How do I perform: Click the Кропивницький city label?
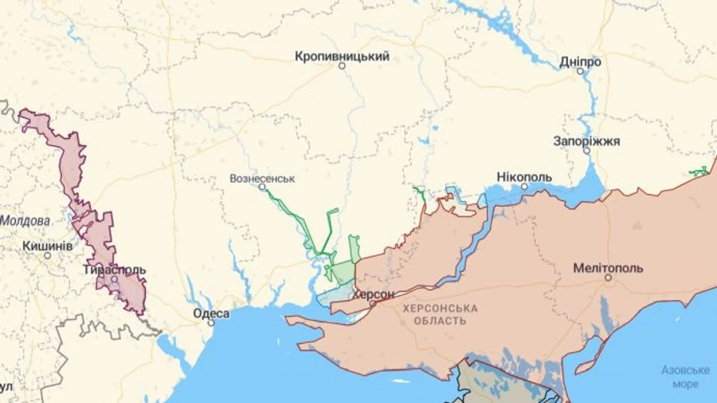342,57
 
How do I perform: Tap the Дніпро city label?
580,61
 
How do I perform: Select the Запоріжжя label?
586,140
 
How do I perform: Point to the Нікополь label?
523,176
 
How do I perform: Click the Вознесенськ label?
262,178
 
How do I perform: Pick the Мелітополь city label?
608,267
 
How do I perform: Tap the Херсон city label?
373,294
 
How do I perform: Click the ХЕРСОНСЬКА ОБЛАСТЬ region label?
440,314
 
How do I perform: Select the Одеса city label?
211,313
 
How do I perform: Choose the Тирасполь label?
115,270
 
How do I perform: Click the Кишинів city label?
47,245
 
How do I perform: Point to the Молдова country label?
25,220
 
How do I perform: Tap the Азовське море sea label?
685,377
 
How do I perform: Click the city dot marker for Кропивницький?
342,66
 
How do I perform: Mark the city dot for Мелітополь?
608,278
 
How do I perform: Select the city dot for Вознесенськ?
262,187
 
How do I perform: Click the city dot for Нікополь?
524,186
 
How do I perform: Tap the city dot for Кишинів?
47,255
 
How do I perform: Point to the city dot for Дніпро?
581,71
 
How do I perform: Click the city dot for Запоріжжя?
586,150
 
